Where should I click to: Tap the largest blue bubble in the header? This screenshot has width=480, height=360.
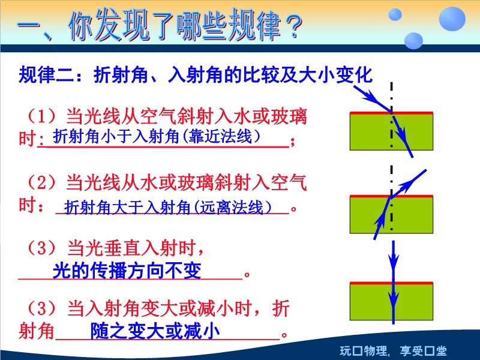click(x=452, y=19)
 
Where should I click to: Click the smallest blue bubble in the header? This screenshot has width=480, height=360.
click(x=395, y=14)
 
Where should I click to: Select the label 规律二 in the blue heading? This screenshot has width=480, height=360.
click(x=47, y=75)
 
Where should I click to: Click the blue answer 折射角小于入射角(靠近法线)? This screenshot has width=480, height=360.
click(x=157, y=137)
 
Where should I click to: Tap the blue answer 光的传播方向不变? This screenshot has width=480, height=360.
click(x=127, y=271)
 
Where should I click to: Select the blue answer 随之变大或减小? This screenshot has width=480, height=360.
click(x=155, y=331)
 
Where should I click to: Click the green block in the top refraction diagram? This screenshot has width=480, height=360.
click(x=391, y=131)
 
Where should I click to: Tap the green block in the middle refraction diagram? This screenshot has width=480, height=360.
click(x=391, y=215)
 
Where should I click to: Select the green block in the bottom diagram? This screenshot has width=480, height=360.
click(x=391, y=301)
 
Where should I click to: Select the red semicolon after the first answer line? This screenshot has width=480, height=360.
click(x=293, y=142)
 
